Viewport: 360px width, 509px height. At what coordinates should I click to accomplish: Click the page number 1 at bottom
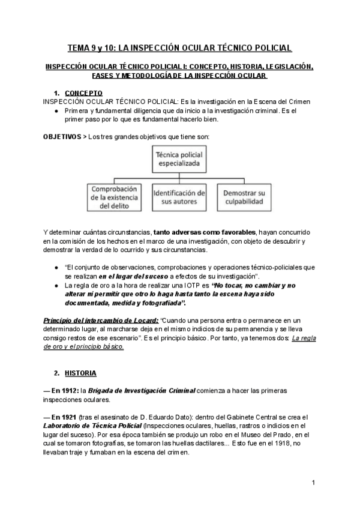click(314, 483)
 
